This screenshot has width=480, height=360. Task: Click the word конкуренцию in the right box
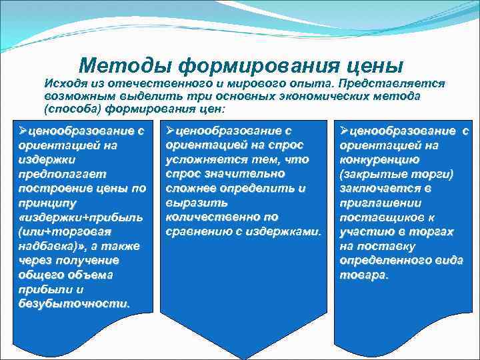(379, 159)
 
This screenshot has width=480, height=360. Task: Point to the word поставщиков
(378, 217)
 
